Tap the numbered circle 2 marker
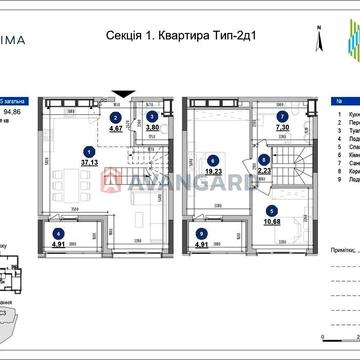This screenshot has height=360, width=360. click(117, 115)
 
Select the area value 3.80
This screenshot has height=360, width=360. click(152, 128)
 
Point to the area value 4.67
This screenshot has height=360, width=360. click(118, 128)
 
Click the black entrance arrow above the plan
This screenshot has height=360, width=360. click(119, 95)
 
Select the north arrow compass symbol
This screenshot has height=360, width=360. click(317, 41)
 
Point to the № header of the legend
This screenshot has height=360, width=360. click(346, 102)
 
